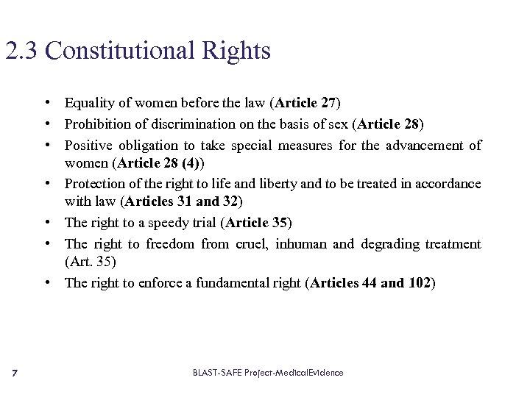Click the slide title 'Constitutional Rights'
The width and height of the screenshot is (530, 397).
coord(158,51)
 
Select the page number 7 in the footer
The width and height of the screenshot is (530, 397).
coord(15,373)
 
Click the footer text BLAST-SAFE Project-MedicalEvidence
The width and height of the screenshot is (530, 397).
coord(268,373)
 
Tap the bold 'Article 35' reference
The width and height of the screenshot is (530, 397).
coord(258,222)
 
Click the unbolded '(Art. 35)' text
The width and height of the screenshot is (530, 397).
coord(91,261)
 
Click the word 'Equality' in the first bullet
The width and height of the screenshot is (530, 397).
coord(88,102)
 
